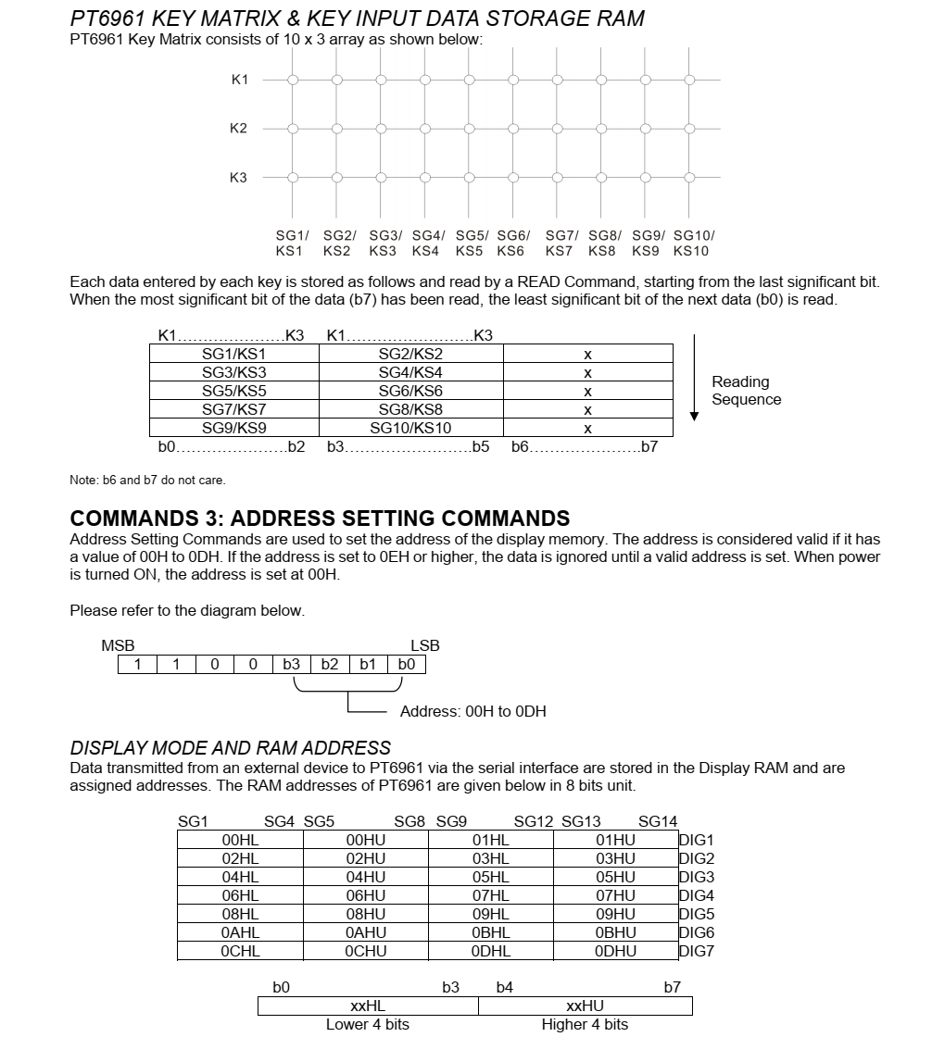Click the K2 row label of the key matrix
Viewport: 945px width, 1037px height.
(x=238, y=129)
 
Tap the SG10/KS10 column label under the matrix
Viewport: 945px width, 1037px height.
(x=693, y=244)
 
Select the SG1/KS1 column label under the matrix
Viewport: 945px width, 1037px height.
(x=291, y=244)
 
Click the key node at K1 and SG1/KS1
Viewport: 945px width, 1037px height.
(x=293, y=80)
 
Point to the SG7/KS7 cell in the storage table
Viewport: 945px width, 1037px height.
(x=233, y=409)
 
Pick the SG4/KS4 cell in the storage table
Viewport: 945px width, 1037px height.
(x=410, y=372)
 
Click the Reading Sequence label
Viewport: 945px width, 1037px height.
(x=746, y=391)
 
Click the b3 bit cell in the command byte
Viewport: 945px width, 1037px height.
(x=291, y=664)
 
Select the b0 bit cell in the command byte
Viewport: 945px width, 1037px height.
(x=407, y=664)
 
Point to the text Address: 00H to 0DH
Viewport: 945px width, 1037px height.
(x=472, y=712)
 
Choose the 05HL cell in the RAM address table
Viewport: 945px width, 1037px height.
(x=490, y=877)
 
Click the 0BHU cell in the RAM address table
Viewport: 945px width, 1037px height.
(x=615, y=932)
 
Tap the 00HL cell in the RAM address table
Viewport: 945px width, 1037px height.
(x=240, y=840)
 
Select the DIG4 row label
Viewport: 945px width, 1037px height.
(x=697, y=895)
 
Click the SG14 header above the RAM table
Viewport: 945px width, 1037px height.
(x=658, y=821)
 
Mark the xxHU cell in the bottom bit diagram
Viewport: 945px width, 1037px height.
(x=585, y=1006)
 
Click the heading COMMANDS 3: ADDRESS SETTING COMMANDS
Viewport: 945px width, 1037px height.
(x=320, y=518)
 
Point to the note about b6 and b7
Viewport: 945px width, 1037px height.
(x=147, y=480)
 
